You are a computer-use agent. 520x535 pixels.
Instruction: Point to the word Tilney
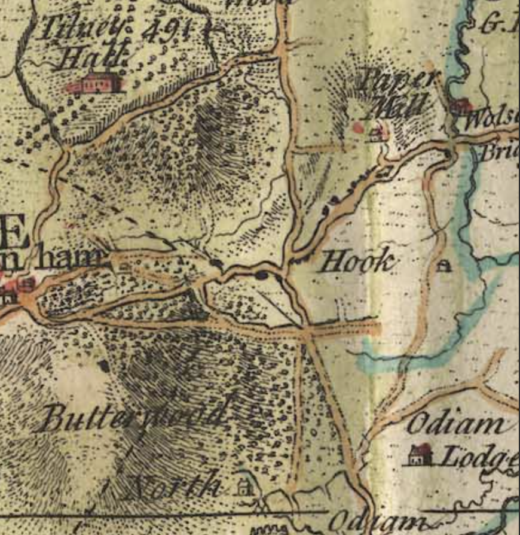click(x=84, y=28)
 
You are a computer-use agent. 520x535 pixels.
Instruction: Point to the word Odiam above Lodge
click(x=455, y=425)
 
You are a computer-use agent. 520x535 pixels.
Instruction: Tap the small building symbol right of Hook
click(x=443, y=266)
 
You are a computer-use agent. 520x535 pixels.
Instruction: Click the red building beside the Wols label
click(x=461, y=107)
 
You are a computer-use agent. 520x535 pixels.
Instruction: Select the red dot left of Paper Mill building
click(x=358, y=127)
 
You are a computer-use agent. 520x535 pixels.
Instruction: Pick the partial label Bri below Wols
click(x=499, y=151)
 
